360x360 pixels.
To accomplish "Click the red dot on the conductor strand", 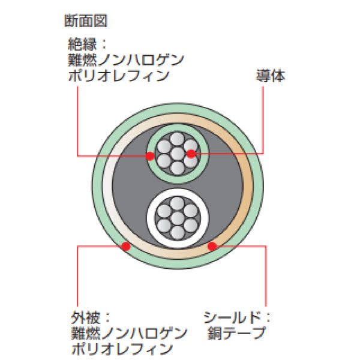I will point(191,154).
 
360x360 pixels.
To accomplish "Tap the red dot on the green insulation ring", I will point(151,157).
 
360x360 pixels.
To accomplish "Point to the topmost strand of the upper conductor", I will point(177,139).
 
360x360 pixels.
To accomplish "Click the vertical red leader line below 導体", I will point(263,120).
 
